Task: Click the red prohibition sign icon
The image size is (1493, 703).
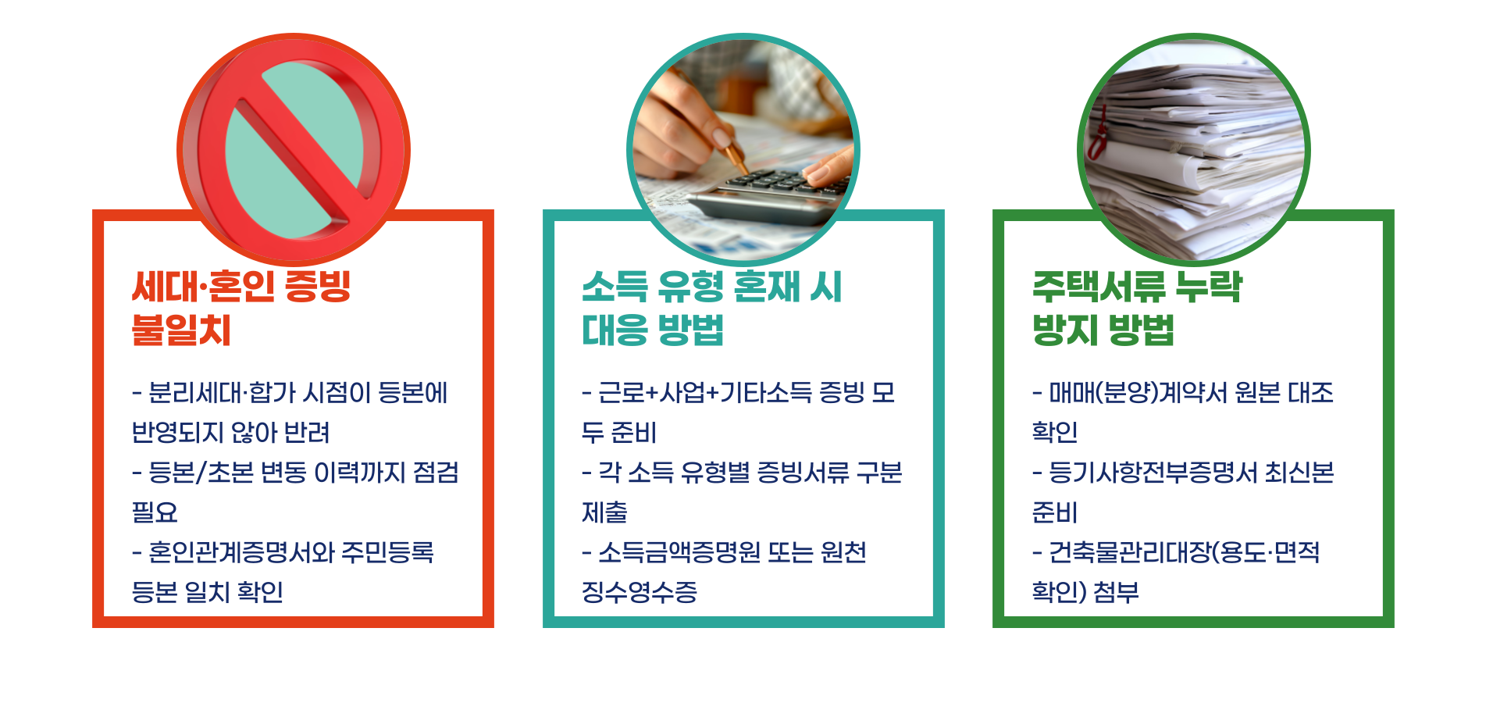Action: click(x=294, y=148)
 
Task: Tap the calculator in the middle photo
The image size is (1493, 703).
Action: click(x=773, y=195)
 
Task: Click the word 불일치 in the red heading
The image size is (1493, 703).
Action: click(x=181, y=330)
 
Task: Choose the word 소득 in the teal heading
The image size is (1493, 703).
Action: click(x=615, y=287)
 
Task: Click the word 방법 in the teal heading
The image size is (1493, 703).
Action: click(x=690, y=330)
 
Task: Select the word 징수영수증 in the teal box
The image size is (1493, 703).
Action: click(x=640, y=592)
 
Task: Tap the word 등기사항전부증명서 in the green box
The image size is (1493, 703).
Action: click(x=1149, y=473)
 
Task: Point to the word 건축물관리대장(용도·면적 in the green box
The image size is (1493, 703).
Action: click(x=1184, y=552)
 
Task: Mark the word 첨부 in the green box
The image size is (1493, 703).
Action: click(x=1116, y=592)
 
